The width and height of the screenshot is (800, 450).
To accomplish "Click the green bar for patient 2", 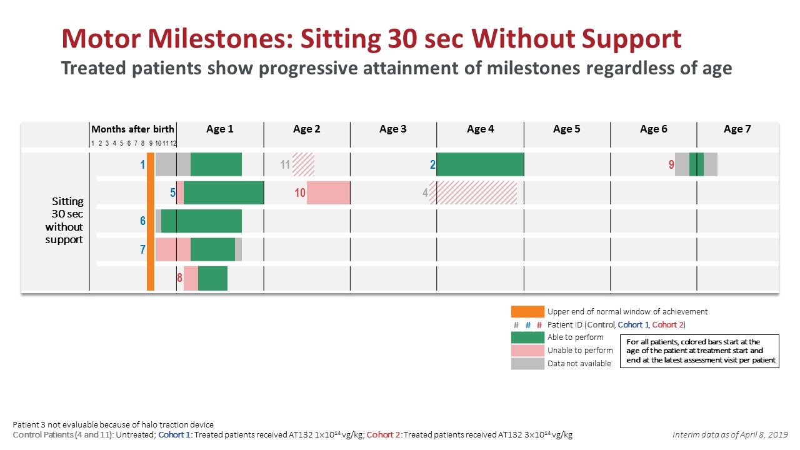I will click(480, 164).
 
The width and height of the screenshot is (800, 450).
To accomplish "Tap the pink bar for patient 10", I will click(328, 192).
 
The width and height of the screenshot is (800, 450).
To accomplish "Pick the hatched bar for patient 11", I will click(304, 164).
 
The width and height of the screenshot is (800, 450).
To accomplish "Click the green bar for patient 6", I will click(201, 221).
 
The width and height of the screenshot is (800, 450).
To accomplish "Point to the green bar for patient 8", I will click(212, 278).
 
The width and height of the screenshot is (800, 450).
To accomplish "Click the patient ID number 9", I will click(671, 165).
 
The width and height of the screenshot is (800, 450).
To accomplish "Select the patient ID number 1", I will click(142, 165).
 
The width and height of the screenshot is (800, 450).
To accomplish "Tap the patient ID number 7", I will click(142, 250).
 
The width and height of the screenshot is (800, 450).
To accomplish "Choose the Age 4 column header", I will click(480, 129).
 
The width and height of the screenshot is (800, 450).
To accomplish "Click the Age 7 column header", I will click(737, 129).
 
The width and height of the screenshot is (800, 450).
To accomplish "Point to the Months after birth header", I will click(132, 129).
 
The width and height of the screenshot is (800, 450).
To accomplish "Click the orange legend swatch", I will click(527, 311).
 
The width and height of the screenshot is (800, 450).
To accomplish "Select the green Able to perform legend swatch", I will click(527, 337).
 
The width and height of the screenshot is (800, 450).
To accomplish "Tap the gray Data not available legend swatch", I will click(527, 364).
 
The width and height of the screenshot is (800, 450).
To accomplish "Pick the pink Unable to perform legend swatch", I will click(527, 351).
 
